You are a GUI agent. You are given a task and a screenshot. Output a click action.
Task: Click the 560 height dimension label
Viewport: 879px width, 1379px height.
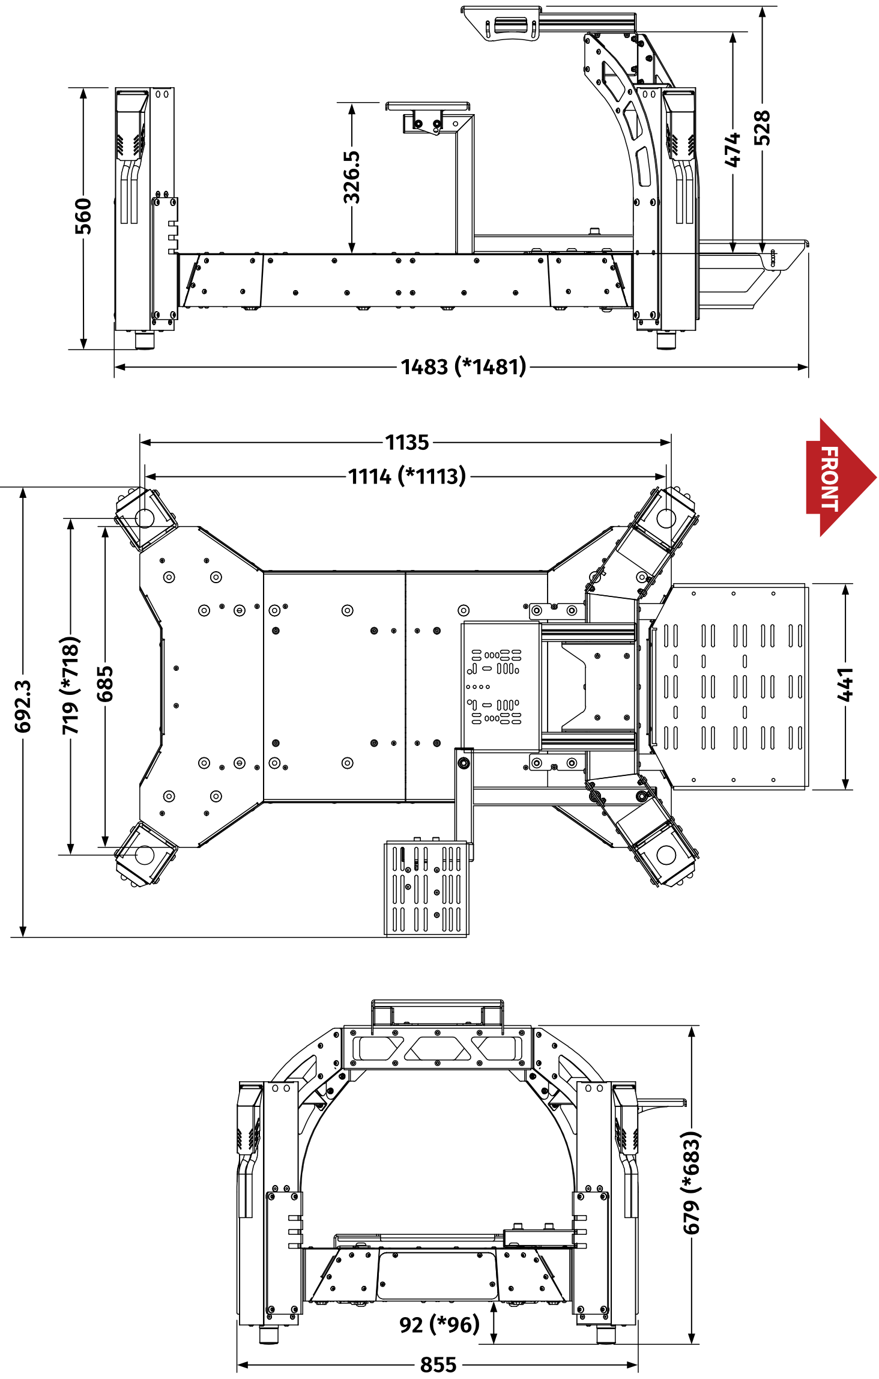[83, 216]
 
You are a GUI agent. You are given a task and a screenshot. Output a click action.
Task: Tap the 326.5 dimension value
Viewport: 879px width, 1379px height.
[352, 177]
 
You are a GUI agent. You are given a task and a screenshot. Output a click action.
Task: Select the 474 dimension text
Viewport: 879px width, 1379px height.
[732, 150]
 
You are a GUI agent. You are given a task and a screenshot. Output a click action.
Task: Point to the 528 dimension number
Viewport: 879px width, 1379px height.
[762, 127]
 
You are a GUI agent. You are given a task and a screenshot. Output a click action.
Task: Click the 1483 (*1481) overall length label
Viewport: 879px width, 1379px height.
[464, 366]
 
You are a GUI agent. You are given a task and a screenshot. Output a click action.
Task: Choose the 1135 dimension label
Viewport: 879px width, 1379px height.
[407, 443]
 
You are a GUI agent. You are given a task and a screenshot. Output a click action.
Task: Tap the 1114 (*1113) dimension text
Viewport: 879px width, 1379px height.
[407, 476]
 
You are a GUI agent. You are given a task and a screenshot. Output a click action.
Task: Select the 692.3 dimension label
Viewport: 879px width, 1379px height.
[23, 706]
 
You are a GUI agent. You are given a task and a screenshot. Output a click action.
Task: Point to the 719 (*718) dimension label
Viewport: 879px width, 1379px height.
[71, 685]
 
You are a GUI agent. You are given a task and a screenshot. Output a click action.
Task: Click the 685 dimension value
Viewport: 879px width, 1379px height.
[105, 684]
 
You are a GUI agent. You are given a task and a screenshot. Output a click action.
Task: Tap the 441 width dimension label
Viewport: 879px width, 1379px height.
[845, 684]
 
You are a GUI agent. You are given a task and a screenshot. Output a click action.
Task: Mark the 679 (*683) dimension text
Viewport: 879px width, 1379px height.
[692, 1183]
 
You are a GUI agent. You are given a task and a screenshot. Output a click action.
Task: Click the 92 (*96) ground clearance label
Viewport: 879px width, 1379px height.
[439, 1324]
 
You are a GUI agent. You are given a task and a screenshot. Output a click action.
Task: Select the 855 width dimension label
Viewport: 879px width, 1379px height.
[438, 1365]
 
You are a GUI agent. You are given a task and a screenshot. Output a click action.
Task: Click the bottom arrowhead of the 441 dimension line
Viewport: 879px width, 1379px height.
[845, 784]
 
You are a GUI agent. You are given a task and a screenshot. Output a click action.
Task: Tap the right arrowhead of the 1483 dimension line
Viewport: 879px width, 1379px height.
[803, 367]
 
